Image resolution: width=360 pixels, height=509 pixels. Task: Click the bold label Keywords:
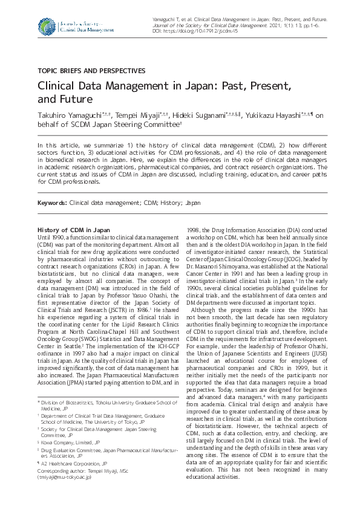click(x=53, y=203)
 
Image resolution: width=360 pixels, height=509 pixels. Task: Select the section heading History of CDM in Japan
click(x=74, y=230)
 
